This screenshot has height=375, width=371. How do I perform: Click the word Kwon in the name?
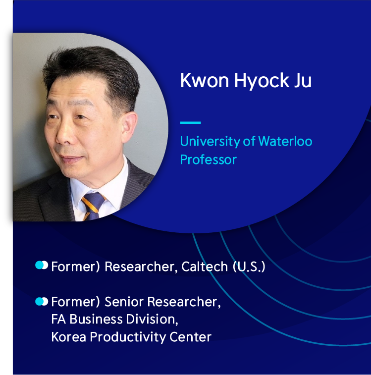(x=205, y=80)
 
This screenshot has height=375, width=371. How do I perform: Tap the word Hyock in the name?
(x=262, y=81)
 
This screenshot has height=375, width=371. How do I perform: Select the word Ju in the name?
(x=303, y=80)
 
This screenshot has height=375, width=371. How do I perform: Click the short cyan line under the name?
(x=190, y=123)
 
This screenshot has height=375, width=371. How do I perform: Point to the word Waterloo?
(x=285, y=141)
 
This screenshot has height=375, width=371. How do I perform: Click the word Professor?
(x=209, y=160)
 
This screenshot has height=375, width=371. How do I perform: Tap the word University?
(x=210, y=142)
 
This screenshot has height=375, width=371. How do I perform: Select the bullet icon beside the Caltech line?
(x=42, y=265)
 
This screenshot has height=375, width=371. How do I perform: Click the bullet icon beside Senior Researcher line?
(x=42, y=301)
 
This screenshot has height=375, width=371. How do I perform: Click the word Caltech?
(x=205, y=267)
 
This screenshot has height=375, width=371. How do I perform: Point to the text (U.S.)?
(x=249, y=267)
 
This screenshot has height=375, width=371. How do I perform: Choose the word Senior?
(x=124, y=302)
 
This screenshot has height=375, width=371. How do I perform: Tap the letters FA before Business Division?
(x=58, y=320)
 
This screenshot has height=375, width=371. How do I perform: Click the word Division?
(x=152, y=320)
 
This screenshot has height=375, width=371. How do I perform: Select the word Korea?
(x=69, y=337)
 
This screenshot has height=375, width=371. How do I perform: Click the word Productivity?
(x=128, y=337)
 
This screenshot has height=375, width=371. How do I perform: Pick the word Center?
(x=190, y=337)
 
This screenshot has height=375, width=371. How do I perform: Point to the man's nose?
(x=64, y=134)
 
